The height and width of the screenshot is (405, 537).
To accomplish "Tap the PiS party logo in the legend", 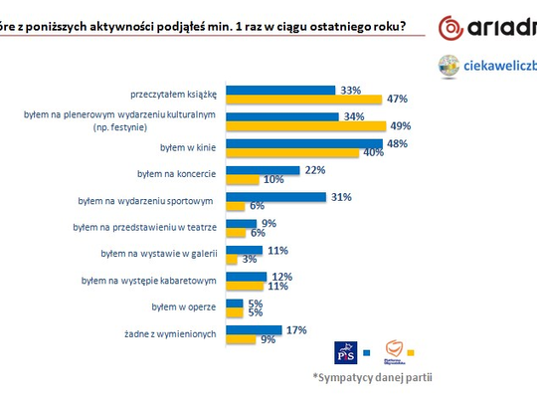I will point(345,352).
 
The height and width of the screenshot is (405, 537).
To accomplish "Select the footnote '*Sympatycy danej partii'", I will point(373,378).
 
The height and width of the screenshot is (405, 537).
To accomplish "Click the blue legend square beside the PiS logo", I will point(366,352).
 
